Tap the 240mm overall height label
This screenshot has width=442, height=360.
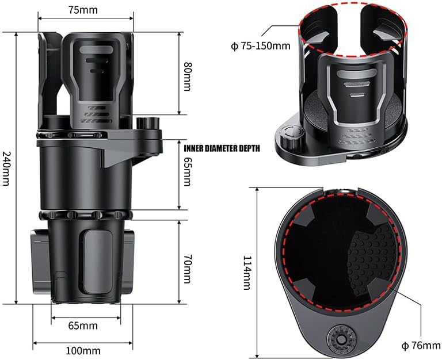[x=6, y=168]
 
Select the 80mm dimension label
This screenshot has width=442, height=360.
[x=186, y=72]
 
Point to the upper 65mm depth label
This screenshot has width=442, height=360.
[x=186, y=171]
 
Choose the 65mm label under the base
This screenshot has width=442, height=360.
[x=83, y=325]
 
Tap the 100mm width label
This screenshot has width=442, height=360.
[x=83, y=351]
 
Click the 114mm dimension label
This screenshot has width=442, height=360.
[x=247, y=273]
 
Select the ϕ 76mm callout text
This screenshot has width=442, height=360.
[x=420, y=346]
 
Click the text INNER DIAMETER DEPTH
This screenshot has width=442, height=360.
[x=222, y=148]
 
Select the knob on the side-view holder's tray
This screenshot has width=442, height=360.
[x=151, y=124]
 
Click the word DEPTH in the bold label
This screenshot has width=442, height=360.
[x=249, y=148]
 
